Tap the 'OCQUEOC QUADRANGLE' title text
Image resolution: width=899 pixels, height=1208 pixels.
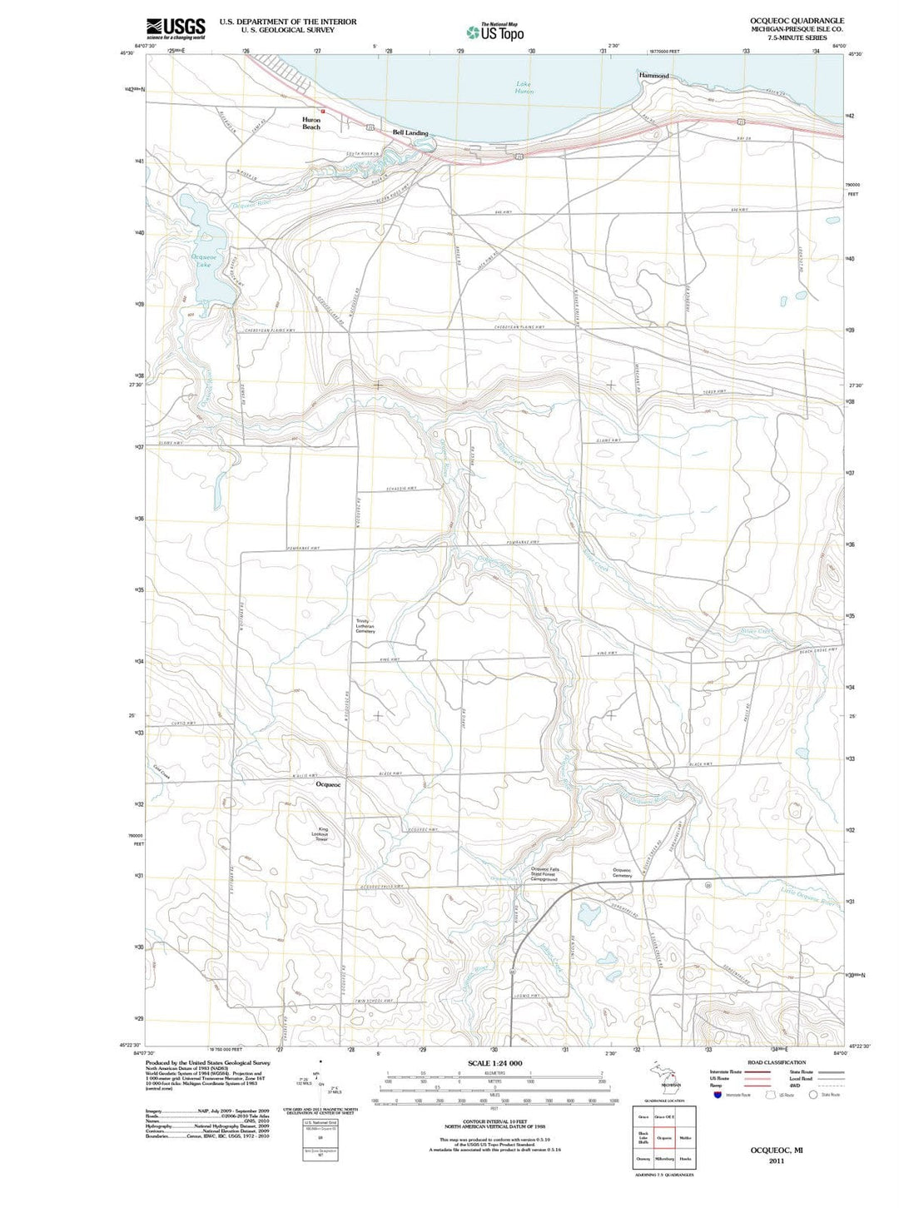797,21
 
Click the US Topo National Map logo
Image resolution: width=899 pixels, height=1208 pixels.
495,32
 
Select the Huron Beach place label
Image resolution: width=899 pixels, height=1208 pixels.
310,123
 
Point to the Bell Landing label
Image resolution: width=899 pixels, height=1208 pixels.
410,133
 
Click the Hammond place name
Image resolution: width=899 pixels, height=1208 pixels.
653,76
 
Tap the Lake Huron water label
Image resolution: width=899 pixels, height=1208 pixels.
524,87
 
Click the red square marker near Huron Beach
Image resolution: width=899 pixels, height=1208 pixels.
323,110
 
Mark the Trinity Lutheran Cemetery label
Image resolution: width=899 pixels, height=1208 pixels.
365,625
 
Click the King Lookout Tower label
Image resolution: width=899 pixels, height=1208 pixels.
322,834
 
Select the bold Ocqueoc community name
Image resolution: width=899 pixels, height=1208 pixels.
329,785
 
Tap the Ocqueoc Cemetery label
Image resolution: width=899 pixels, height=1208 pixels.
623,872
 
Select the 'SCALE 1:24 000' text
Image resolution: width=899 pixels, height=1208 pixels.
494,1063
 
